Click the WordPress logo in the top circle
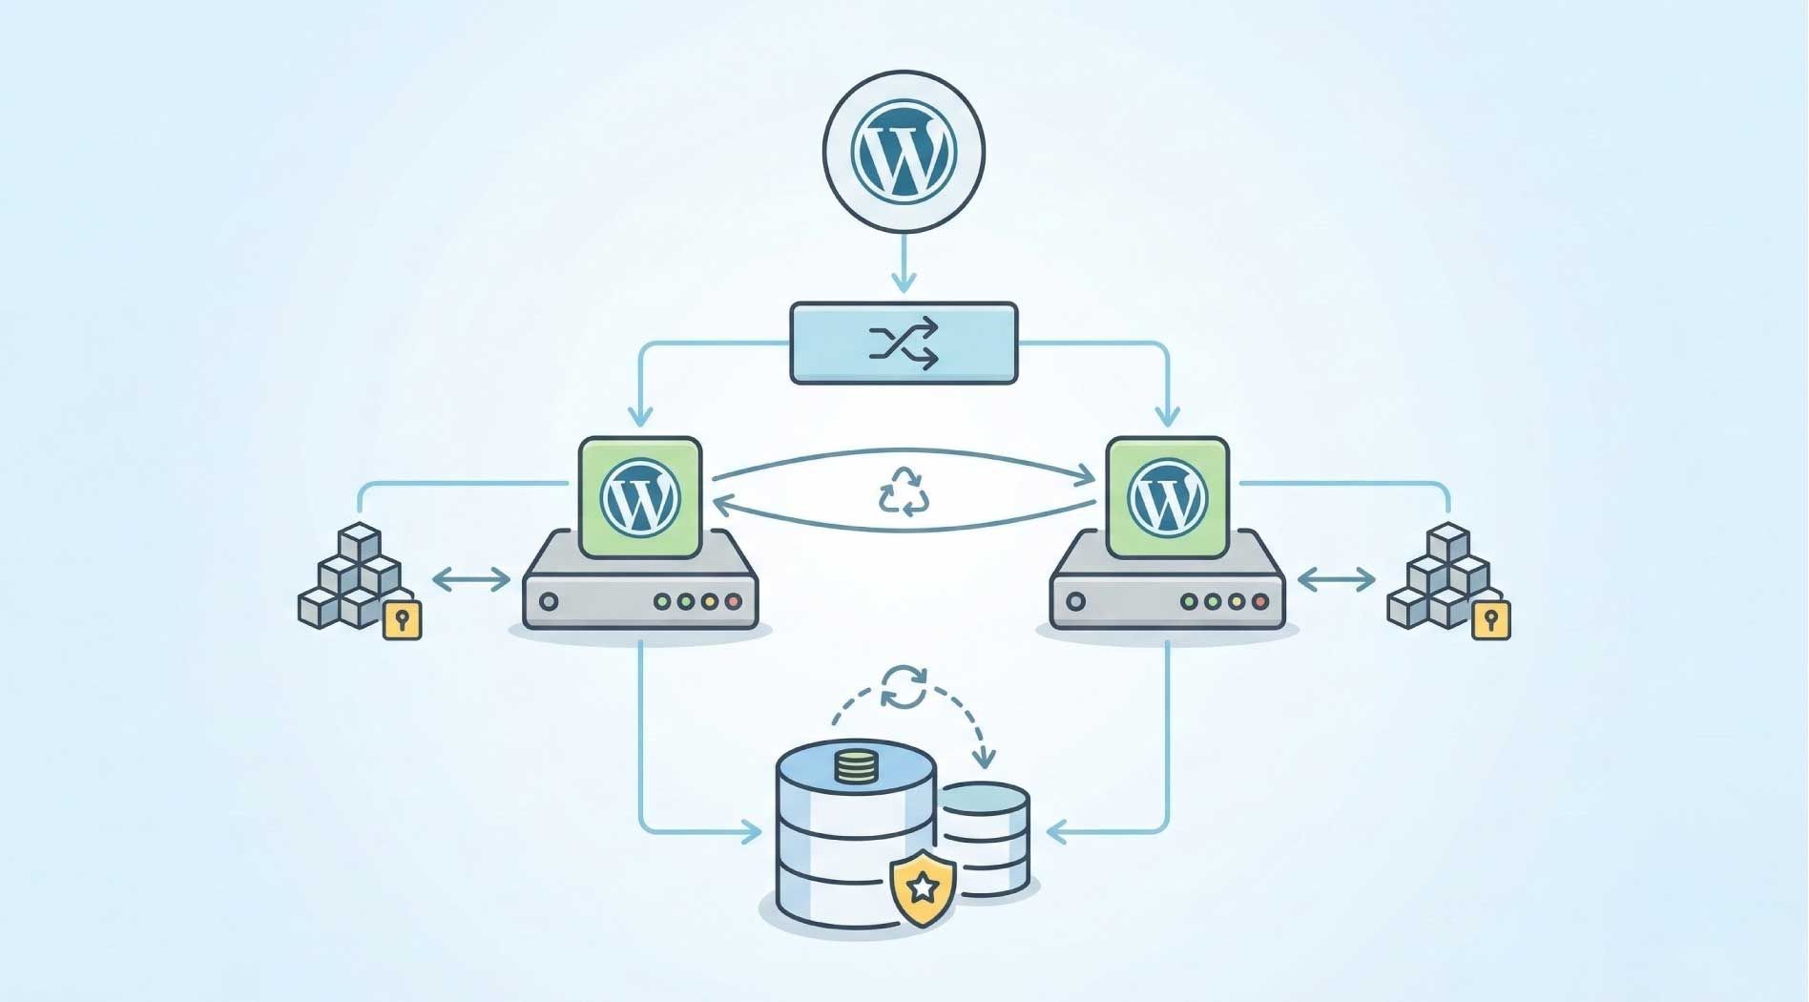click(x=904, y=151)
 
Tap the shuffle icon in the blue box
click(x=904, y=344)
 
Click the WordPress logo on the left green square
click(x=640, y=497)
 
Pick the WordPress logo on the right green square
click(x=1166, y=497)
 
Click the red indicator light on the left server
click(x=733, y=602)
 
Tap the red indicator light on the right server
click(x=1259, y=602)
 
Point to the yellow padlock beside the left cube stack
click(x=402, y=620)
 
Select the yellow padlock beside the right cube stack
click(x=1490, y=620)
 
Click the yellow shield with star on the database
click(x=922, y=889)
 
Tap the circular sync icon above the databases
click(x=904, y=687)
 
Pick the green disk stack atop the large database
click(x=856, y=766)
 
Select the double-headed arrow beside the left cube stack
click(x=471, y=579)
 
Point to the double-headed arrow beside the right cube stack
click(x=1336, y=579)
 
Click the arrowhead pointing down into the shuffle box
click(x=904, y=282)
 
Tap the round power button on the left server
click(x=549, y=602)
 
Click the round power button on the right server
click(x=1075, y=602)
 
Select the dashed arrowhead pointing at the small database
click(x=984, y=760)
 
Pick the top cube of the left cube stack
click(x=360, y=541)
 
